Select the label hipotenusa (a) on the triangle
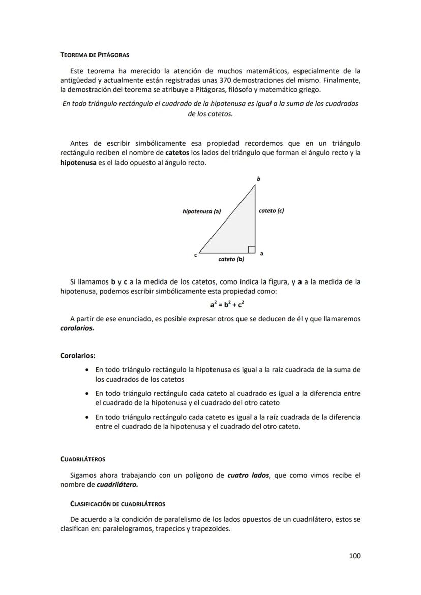[x=201, y=211]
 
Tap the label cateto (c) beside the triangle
[x=271, y=210]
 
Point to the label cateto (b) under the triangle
[x=231, y=259]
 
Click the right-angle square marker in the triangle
[x=251, y=249]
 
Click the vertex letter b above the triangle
[x=258, y=179]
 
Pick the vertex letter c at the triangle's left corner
[x=195, y=254]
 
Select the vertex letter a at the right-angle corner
[x=261, y=253]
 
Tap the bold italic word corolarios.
[x=77, y=328]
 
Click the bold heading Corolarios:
[x=77, y=356]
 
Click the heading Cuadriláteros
[x=82, y=459]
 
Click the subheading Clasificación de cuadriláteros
[x=117, y=504]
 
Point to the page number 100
[x=354, y=556]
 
